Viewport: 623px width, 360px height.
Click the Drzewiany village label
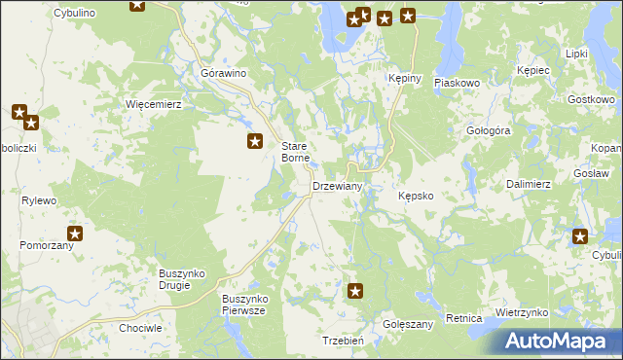click(x=337, y=186)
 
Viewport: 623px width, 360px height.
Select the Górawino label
click(x=223, y=73)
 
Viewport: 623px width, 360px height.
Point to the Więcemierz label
click(x=154, y=104)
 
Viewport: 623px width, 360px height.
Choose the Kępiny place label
click(x=403, y=80)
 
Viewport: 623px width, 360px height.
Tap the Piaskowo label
click(x=458, y=84)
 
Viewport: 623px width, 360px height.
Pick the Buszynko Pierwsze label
click(x=244, y=304)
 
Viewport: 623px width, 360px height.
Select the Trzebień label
click(x=343, y=341)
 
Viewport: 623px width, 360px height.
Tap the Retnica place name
click(x=464, y=318)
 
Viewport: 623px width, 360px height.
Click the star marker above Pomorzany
click(x=75, y=234)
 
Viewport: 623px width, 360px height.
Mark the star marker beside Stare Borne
click(x=255, y=142)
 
